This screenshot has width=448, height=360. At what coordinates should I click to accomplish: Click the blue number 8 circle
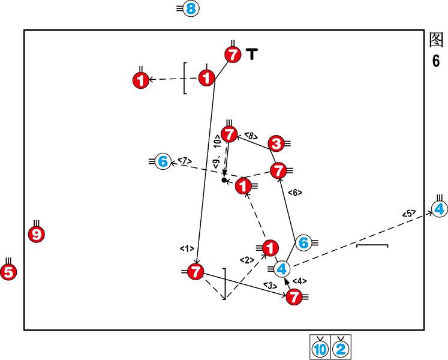[190, 9]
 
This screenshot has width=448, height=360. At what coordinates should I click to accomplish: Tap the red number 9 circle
[36, 234]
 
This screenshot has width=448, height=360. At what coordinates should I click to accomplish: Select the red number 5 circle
[8, 272]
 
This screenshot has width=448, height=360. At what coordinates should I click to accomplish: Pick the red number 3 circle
[276, 143]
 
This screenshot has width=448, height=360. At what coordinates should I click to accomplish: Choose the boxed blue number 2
[340, 348]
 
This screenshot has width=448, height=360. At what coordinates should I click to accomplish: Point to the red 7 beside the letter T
[233, 55]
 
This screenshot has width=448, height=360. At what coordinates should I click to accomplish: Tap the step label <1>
[186, 248]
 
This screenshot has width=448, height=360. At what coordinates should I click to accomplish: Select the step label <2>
[247, 260]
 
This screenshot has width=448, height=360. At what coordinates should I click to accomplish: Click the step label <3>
[269, 285]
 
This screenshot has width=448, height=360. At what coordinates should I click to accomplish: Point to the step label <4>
[299, 281]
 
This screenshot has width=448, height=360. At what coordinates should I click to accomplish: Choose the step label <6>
[294, 193]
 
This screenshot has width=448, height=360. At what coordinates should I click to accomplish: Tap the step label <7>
[184, 161]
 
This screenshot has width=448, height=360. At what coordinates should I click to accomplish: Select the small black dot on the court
[224, 180]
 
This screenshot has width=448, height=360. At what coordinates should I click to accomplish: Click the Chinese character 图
[436, 41]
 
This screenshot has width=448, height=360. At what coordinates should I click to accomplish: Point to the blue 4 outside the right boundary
[439, 209]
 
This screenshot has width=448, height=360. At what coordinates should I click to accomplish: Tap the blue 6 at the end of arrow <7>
[162, 161]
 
